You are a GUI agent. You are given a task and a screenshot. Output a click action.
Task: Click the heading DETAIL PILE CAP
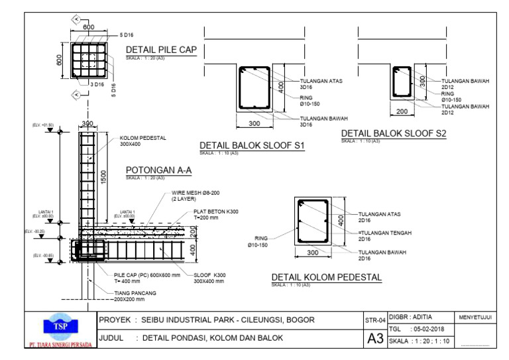tap(161, 50)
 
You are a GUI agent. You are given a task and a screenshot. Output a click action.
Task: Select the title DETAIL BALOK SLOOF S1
tap(252, 146)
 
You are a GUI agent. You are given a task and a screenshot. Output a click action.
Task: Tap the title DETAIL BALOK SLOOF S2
tap(394, 134)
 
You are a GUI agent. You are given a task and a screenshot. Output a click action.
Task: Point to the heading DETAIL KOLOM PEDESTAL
tap(327, 278)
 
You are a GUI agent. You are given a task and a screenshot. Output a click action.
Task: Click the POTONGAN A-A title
tap(158, 170)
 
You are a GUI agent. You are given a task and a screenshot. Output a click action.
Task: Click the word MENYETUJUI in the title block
tap(475, 318)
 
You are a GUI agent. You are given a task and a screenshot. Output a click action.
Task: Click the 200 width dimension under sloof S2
tap(402, 111)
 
